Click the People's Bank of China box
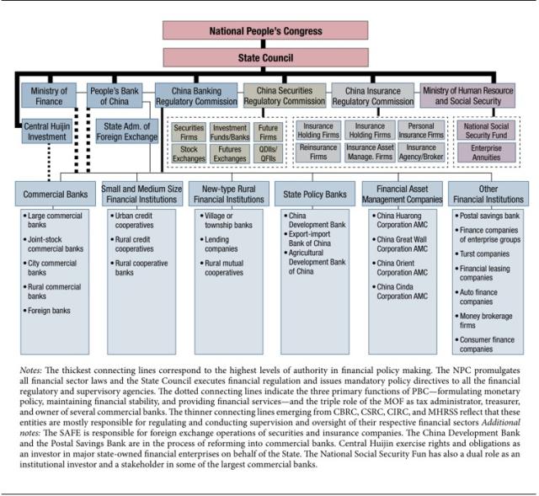coord(118,95)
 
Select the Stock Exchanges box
coord(189,152)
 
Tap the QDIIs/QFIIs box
coord(269,152)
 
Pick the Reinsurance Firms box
coord(317,152)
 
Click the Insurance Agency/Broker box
coord(420,152)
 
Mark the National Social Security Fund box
coord(483,131)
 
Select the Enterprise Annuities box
coord(483,152)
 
